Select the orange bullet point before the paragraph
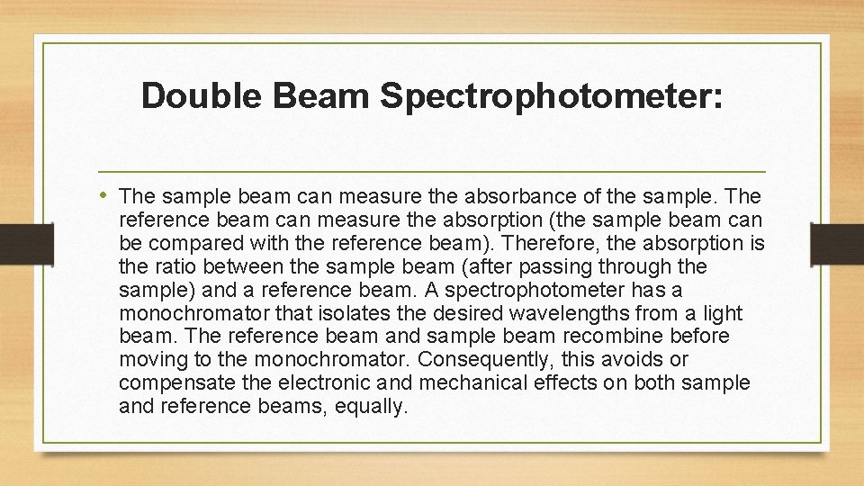pos(106,195)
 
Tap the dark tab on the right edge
pos(836,243)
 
